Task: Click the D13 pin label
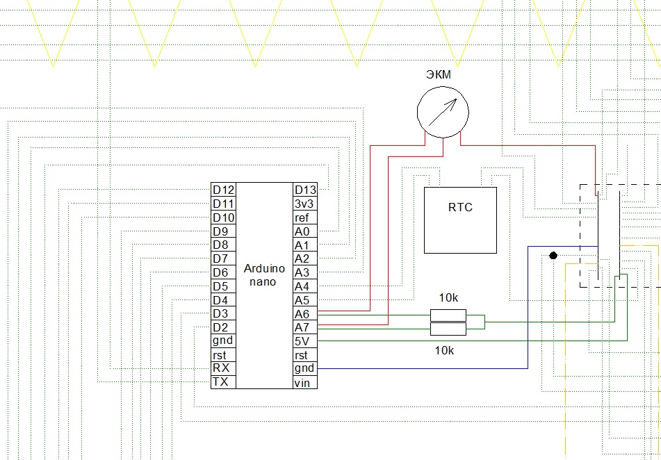(x=305, y=190)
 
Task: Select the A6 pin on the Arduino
(x=302, y=314)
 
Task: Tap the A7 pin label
(x=302, y=327)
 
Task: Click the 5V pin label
(x=302, y=340)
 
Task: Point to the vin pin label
(x=302, y=383)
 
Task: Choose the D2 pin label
(x=220, y=327)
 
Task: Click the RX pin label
(x=221, y=368)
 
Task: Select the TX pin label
(x=221, y=381)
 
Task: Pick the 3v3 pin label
(x=304, y=204)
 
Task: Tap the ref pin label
(x=302, y=218)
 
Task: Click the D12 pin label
(x=223, y=190)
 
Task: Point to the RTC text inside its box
(x=460, y=208)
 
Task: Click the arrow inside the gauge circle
(x=443, y=113)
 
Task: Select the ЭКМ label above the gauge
(x=439, y=74)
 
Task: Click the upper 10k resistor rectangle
(x=448, y=315)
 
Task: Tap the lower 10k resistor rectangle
(x=448, y=329)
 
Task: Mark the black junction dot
(x=553, y=256)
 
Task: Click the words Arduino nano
(x=264, y=275)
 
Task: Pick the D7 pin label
(x=220, y=258)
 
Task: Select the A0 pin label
(x=302, y=231)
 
